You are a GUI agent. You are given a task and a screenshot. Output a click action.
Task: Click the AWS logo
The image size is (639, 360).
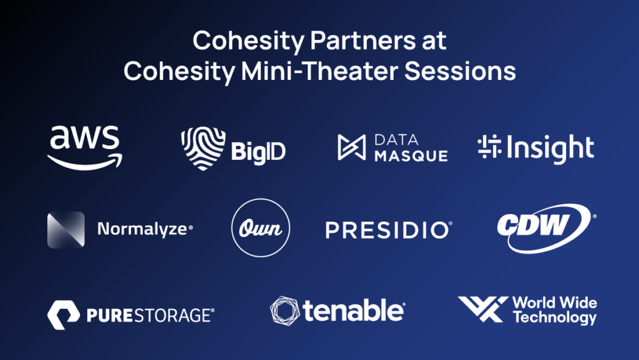coord(85,147)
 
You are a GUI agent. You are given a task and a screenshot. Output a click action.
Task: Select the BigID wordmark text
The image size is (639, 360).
coord(258,152)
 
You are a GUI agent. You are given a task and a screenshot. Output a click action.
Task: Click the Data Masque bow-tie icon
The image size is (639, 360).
coord(351,147)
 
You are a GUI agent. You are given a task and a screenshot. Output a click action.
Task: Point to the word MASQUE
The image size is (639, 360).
coord(411,155)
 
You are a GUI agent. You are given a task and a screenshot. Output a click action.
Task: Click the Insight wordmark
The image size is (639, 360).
coord(550,148)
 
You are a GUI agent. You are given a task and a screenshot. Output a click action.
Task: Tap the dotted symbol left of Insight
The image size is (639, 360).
coord(489,147)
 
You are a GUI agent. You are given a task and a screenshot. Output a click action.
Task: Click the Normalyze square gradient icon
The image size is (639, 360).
coord(66,230)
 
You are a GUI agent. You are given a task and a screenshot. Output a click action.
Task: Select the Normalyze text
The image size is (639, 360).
coord(145,229)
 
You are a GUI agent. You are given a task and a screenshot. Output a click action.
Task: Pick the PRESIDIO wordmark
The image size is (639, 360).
coord(389,230)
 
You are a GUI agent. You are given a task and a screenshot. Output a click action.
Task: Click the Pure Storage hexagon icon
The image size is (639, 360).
coord(64,315)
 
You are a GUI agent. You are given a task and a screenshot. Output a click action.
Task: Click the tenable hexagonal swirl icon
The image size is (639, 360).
coord(285,311)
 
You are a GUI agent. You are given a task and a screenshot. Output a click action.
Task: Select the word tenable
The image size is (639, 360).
coord(353,311)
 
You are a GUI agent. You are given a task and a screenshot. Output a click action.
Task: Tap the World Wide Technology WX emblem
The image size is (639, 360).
coord(484,309)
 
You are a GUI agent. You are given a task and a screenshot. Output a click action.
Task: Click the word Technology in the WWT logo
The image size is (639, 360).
coord(555,317)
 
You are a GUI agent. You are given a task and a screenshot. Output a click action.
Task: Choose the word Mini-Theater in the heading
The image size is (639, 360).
coord(319,71)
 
